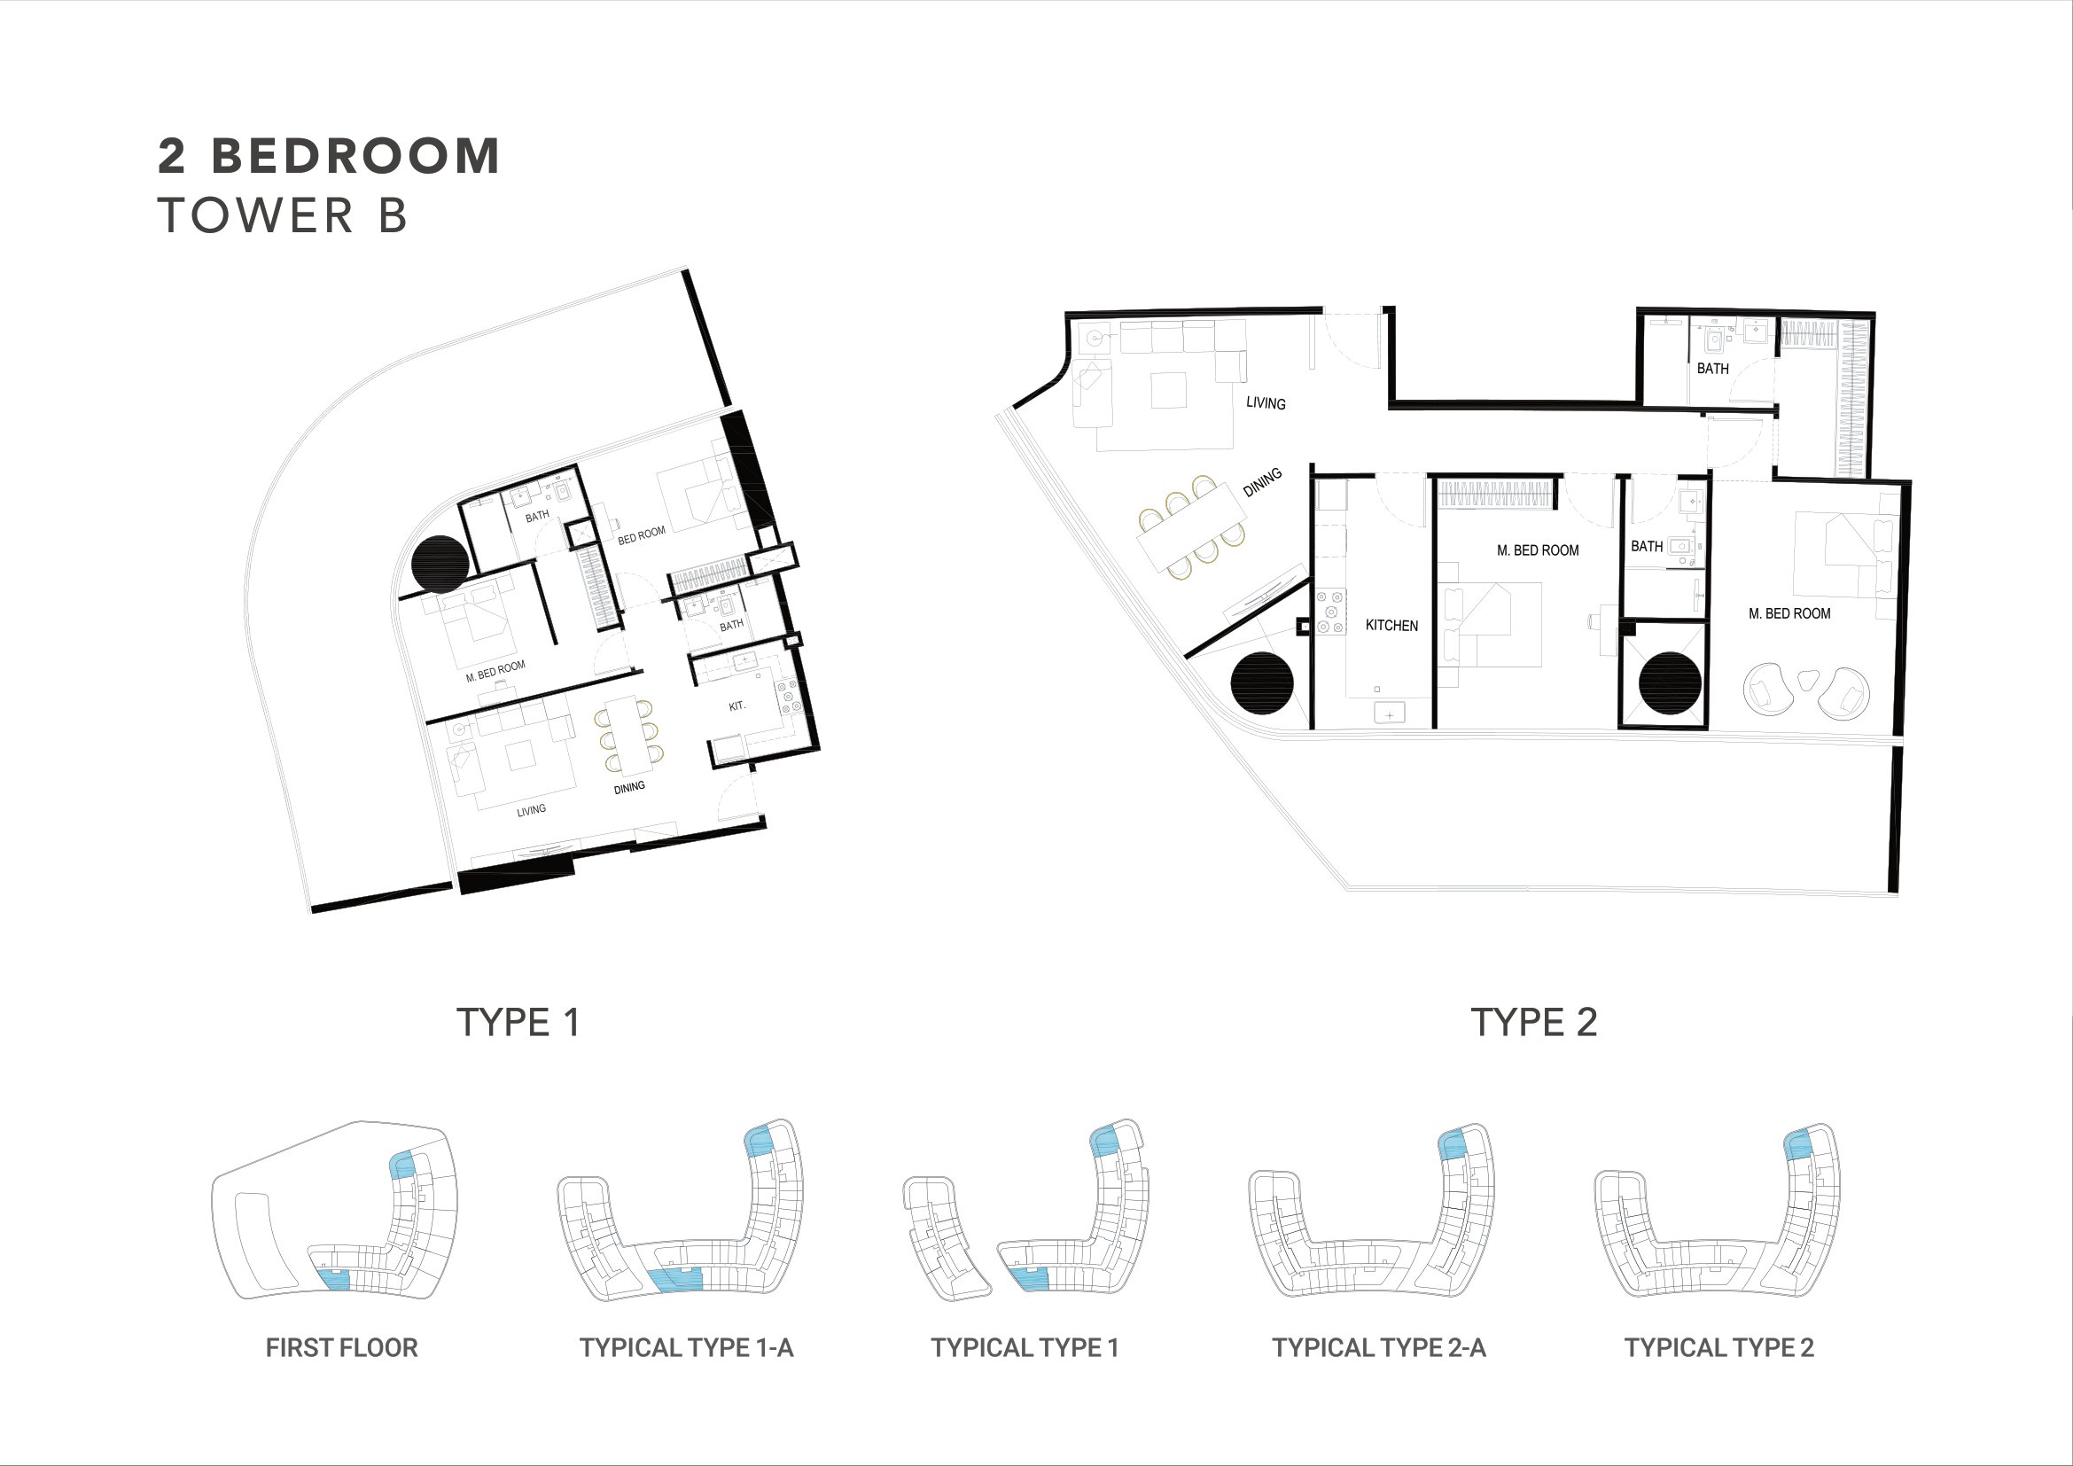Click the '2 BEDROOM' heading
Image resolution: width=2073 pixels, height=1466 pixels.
329,156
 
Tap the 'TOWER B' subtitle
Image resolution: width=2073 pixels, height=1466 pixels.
284,215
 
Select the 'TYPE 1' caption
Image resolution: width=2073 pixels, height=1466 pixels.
518,1023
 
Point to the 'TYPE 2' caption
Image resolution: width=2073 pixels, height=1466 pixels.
1534,1023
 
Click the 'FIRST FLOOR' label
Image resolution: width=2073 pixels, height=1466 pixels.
341,1348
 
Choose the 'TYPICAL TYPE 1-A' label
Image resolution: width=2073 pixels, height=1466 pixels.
686,1348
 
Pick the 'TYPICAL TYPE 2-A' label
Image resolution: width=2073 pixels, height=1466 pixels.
1379,1348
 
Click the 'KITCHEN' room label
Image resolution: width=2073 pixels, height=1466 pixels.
1391,626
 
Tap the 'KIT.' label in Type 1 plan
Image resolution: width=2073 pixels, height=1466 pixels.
737,706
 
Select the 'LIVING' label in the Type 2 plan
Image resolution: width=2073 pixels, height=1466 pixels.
1266,402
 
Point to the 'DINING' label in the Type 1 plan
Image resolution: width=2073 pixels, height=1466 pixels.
629,787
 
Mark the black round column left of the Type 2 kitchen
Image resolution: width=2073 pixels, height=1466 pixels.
1262,683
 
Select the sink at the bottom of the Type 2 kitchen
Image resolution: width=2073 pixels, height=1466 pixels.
1390,714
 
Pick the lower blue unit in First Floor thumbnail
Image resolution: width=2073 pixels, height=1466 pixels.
335,1280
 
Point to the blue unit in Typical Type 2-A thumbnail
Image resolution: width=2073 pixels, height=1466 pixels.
1452,1145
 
